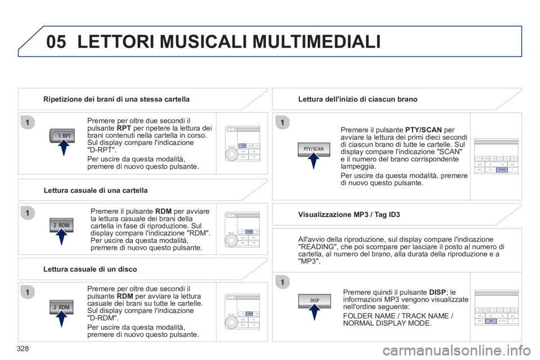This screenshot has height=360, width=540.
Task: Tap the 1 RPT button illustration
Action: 63,136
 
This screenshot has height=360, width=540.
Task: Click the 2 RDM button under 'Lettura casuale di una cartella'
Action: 61,225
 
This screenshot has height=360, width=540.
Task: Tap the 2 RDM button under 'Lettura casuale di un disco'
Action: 61,307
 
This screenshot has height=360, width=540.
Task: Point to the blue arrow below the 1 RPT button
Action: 64,150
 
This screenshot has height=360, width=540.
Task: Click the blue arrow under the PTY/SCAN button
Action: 314,162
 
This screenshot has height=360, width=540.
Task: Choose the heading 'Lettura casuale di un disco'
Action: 91,268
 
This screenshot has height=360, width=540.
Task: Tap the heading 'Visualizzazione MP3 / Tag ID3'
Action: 348,214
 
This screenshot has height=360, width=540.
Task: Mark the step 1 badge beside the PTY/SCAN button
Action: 283,122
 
